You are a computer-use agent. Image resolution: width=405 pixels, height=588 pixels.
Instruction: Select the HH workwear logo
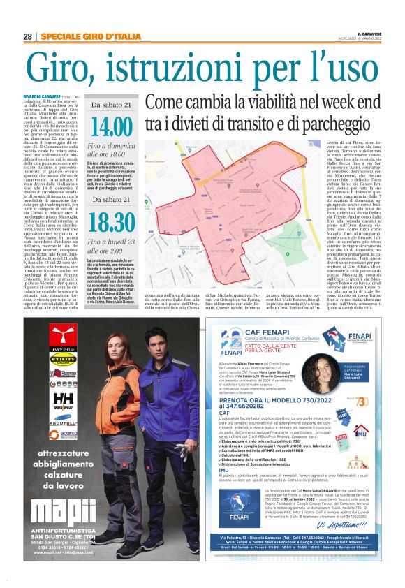click(64, 397)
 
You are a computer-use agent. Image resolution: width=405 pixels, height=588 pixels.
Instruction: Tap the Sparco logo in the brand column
click(64, 433)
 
